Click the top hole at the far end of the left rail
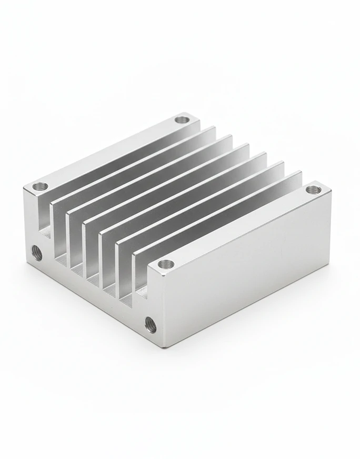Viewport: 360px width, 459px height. (182, 119)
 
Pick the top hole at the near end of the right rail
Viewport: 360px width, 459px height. (166, 263)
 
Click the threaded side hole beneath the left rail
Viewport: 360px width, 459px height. (37, 253)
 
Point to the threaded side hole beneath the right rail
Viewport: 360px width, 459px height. (150, 325)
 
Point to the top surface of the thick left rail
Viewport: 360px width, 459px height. (111, 153)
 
